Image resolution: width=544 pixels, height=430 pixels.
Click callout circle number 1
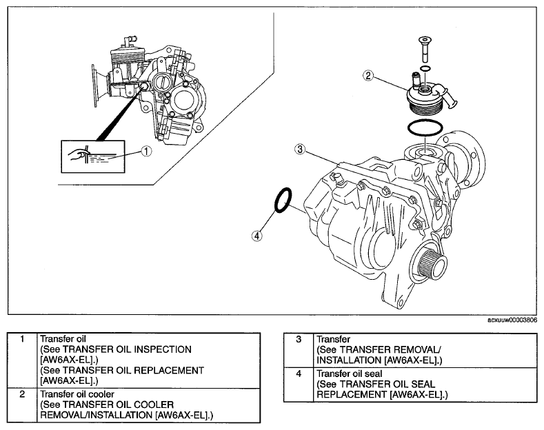(147, 151)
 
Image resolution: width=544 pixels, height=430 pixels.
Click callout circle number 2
(368, 75)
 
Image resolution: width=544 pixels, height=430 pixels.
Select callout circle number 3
(300, 150)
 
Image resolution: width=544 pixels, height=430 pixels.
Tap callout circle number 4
(256, 236)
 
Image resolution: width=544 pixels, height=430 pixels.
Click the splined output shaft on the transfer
(431, 266)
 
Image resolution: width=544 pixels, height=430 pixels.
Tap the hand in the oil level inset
(77, 154)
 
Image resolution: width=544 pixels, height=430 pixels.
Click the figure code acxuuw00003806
(512, 320)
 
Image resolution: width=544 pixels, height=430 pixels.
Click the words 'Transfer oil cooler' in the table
(77, 394)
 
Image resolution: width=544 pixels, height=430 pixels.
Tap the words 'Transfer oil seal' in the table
(350, 373)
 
